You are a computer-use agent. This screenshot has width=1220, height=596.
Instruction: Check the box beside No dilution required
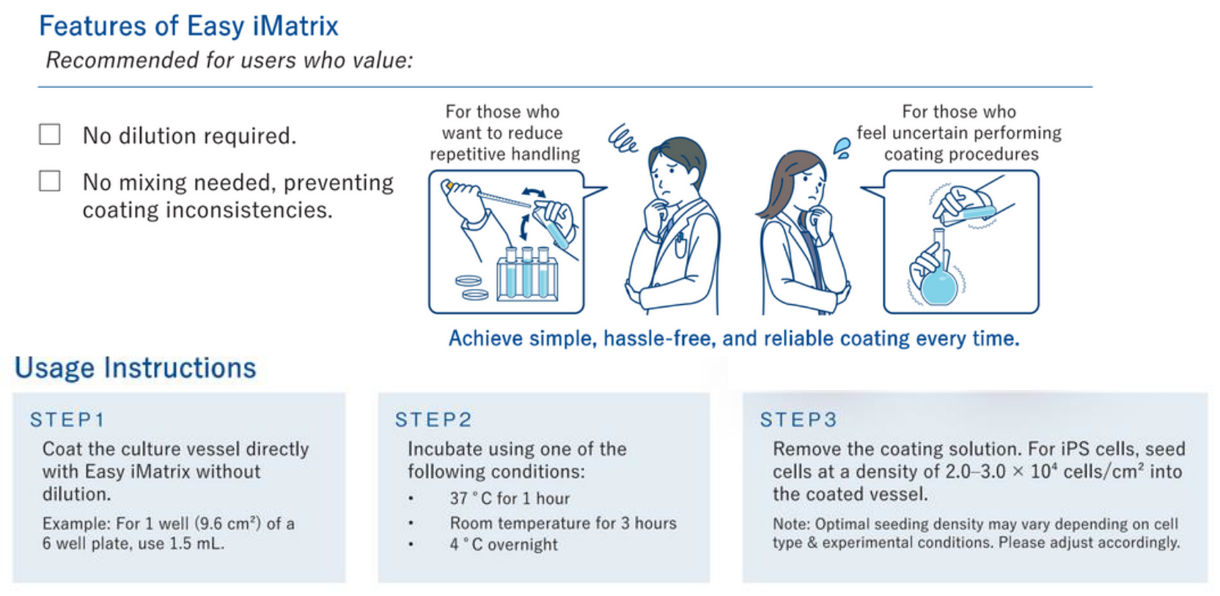pos(50,134)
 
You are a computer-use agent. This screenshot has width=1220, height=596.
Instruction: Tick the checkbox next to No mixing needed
pos(50,181)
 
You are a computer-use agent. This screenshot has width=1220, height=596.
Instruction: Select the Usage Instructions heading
pos(136,368)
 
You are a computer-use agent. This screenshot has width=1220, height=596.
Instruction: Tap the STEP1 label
pos(67,420)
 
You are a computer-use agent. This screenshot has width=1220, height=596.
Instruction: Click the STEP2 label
pos(433,420)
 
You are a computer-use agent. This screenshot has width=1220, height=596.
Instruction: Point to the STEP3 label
pos(798,420)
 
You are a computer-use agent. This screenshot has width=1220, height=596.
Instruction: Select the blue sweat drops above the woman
pos(842,149)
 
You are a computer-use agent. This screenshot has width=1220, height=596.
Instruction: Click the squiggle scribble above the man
pos(622,139)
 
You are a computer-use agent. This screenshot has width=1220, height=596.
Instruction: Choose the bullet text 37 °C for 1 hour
pos(510,498)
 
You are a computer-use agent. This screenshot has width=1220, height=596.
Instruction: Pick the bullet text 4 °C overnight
pos(504,545)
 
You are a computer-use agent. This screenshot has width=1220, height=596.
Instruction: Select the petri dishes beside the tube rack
pos(472,287)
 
